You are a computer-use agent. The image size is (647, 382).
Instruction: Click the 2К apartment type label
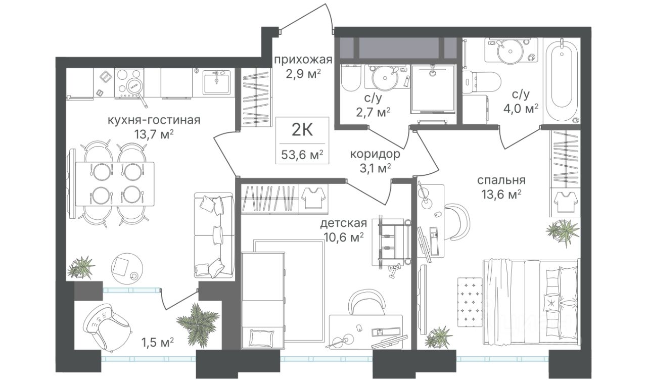coord(302,130)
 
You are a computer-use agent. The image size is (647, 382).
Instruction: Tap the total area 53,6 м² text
coord(302,155)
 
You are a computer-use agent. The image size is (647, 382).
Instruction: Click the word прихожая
coord(303,60)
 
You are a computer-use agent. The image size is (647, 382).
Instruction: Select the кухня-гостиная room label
coord(154,120)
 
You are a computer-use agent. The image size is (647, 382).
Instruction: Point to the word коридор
coord(375,154)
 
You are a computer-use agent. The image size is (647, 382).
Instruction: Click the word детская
coord(344,223)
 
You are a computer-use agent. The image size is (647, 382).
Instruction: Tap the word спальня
coord(501,180)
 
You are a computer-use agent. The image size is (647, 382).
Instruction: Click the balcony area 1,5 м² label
coord(157,343)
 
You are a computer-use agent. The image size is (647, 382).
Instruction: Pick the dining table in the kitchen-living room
coord(114,183)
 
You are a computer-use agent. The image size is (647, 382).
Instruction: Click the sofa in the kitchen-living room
coord(214,235)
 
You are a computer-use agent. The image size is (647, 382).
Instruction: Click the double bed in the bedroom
coord(531,302)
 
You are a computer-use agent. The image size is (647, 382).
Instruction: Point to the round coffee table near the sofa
coord(126,268)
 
